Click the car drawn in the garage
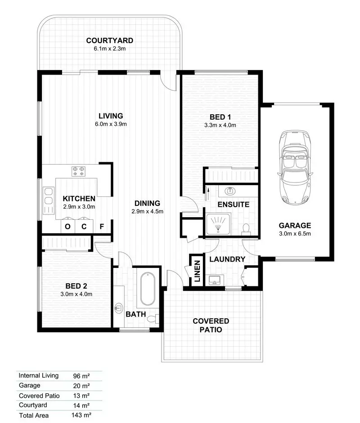coord(295,167)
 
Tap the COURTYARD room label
coord(110,41)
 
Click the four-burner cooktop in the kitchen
coord(79,171)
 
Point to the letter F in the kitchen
coord(102,227)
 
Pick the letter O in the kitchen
coord(67,227)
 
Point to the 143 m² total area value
coord(82,415)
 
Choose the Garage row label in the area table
coord(30,385)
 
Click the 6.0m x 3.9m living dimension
coord(111,124)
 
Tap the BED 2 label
coord(76,286)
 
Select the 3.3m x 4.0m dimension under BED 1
coord(220,125)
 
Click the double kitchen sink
coord(48,200)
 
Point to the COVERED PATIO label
coord(211,325)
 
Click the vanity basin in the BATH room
coord(119,308)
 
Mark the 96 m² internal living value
coord(81,375)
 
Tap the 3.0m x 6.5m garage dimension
coord(295,233)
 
